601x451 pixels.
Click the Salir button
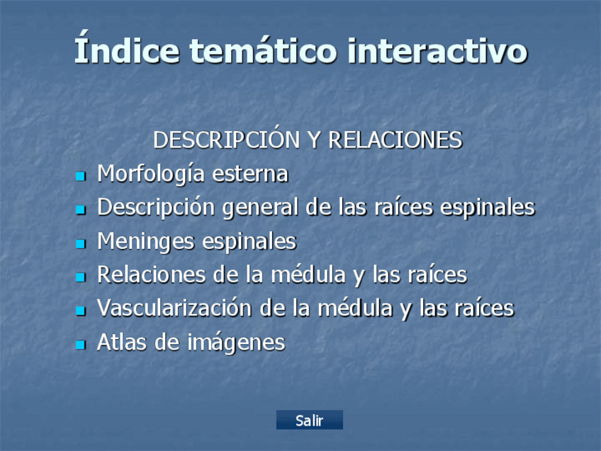click(x=309, y=420)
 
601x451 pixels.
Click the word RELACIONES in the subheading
click(x=395, y=140)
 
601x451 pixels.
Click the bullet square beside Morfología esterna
click(x=81, y=176)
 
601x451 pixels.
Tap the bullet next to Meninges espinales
click(x=81, y=243)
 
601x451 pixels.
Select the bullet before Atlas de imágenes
click(x=81, y=345)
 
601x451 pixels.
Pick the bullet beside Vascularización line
click(x=81, y=311)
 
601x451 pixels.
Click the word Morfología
click(x=151, y=174)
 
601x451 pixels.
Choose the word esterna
click(x=250, y=174)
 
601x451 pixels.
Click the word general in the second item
click(x=260, y=208)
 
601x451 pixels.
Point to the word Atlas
click(x=121, y=342)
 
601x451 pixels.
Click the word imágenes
click(x=236, y=343)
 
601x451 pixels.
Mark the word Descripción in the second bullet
click(x=156, y=208)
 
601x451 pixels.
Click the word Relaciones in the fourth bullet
click(x=152, y=275)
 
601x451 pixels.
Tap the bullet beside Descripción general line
click(x=81, y=210)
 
